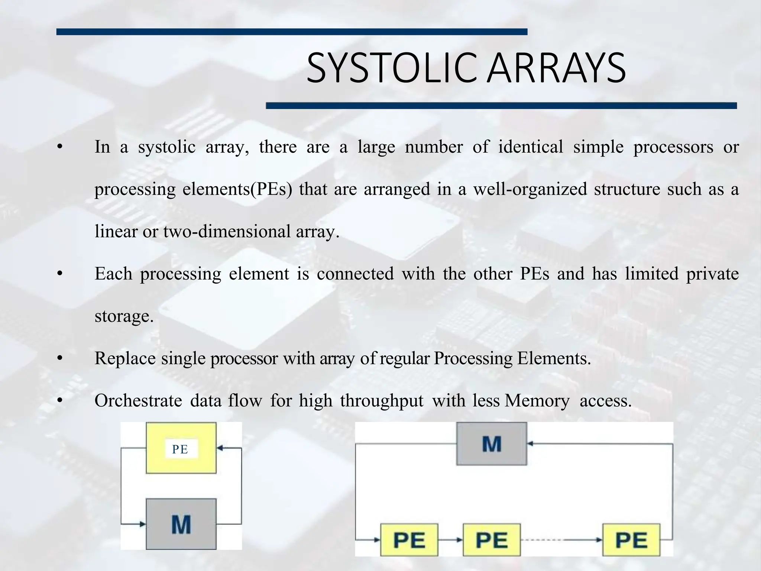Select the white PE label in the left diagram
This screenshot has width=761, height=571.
click(x=180, y=449)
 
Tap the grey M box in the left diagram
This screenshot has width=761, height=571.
click(x=181, y=524)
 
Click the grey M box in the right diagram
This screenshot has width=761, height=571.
click(x=492, y=443)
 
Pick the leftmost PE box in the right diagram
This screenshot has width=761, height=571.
click(x=409, y=540)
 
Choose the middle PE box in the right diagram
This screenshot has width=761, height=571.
click(x=492, y=540)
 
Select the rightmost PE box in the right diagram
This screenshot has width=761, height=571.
click(x=631, y=540)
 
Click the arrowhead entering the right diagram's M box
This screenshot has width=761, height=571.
click(x=530, y=443)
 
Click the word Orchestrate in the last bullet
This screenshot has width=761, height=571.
click(x=138, y=401)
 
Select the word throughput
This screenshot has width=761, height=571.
click(x=382, y=401)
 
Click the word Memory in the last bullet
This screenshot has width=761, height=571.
click(x=537, y=401)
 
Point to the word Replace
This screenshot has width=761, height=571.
click(x=125, y=359)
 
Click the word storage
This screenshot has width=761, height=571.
click(x=124, y=316)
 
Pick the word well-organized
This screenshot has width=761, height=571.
click(x=530, y=189)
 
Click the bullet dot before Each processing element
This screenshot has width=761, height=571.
click(x=59, y=274)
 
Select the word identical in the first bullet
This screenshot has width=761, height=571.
click(x=531, y=147)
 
